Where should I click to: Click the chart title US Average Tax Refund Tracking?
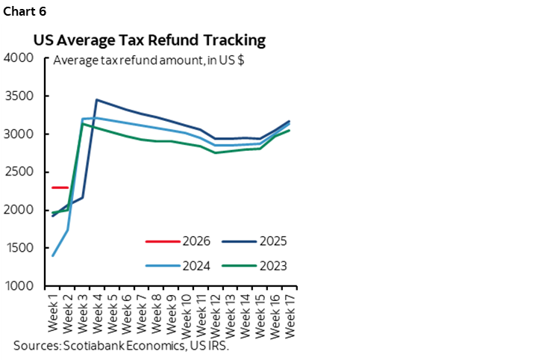click(x=149, y=40)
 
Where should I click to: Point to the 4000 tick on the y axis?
click(x=19, y=58)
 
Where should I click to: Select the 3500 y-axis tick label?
click(x=19, y=96)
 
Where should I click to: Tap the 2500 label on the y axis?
click(x=19, y=173)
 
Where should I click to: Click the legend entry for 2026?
click(x=196, y=241)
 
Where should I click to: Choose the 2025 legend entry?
click(x=273, y=241)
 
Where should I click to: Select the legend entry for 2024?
click(x=196, y=264)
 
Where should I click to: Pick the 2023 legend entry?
click(x=273, y=264)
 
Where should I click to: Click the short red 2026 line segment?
click(x=60, y=187)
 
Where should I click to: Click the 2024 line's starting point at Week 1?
click(x=53, y=255)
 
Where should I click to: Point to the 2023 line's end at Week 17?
click(x=290, y=130)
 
